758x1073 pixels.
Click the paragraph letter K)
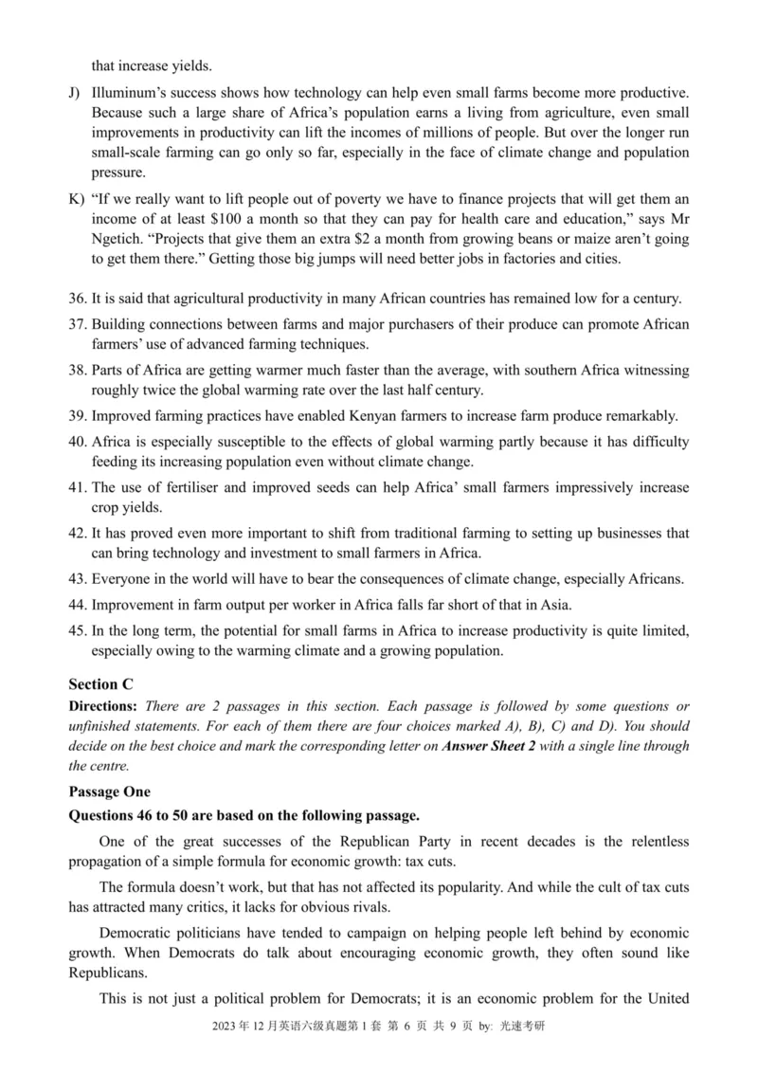click(x=76, y=198)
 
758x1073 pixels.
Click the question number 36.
click(x=78, y=300)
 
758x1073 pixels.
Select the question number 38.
click(x=78, y=370)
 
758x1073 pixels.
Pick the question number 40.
click(x=78, y=441)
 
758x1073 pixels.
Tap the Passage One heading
click(x=109, y=791)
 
